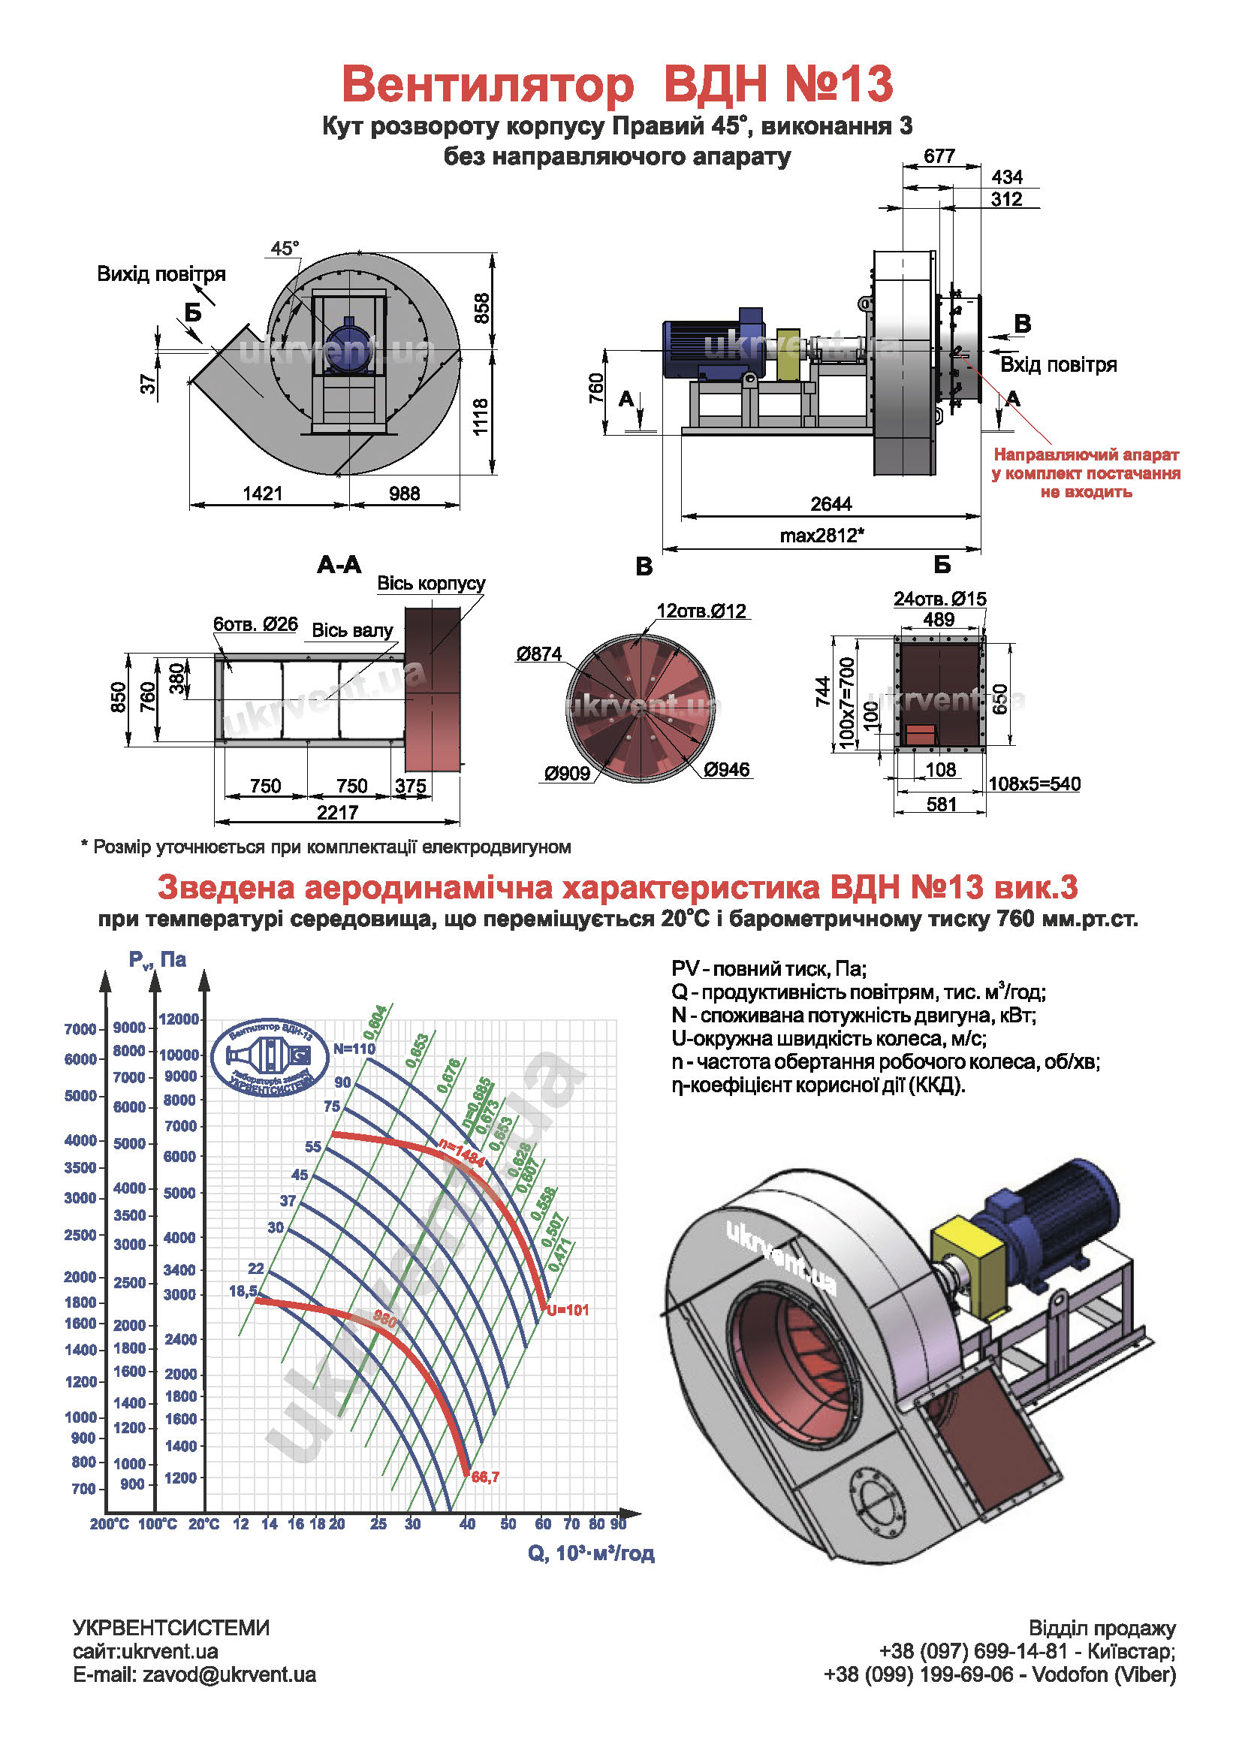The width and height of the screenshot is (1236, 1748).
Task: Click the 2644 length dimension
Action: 831,504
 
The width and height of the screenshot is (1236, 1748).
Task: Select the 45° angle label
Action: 285,248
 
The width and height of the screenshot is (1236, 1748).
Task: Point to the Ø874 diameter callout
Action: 538,654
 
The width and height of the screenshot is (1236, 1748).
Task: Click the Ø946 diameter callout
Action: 726,769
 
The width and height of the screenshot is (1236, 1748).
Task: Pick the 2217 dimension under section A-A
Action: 337,812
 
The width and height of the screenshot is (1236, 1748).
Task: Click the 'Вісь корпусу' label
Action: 431,583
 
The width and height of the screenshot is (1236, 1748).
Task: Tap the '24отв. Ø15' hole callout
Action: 939,599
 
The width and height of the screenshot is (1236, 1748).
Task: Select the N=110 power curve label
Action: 354,1049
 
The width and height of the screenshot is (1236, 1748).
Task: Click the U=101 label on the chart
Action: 568,1309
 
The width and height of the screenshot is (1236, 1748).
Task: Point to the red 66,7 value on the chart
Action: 485,1477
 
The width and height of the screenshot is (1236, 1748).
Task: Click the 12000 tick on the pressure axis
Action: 179,1019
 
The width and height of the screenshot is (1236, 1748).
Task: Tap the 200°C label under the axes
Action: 110,1523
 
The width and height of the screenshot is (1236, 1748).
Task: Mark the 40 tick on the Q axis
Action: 467,1523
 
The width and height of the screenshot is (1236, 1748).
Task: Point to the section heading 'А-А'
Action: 339,565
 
